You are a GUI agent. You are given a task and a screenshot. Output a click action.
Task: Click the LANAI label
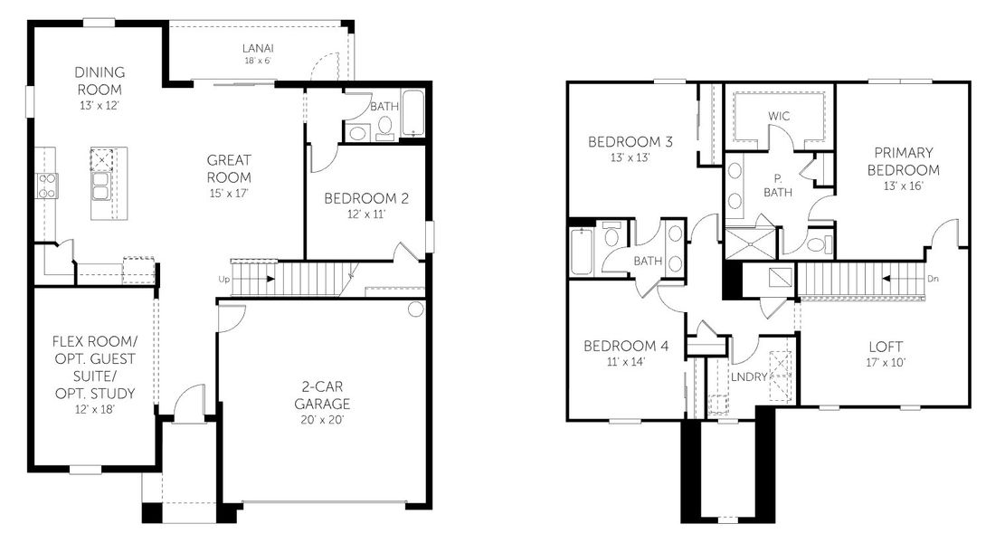[257, 48]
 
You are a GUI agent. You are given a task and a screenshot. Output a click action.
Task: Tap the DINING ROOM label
[100, 81]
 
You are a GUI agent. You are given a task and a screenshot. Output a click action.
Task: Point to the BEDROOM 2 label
[367, 198]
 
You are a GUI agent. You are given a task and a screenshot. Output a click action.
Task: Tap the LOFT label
[886, 347]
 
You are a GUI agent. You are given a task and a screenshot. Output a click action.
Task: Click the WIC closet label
[779, 117]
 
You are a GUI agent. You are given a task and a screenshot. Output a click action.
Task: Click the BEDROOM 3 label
[630, 142]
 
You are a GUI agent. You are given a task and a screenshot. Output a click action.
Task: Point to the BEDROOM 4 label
[626, 346]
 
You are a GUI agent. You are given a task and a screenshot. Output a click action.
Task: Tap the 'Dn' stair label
[933, 279]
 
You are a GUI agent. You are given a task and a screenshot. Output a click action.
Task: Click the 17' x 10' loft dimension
[886, 362]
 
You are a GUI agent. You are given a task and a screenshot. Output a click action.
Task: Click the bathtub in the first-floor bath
[412, 113]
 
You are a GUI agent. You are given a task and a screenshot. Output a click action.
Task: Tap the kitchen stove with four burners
[46, 186]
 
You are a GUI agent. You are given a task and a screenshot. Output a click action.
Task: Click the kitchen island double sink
[101, 185]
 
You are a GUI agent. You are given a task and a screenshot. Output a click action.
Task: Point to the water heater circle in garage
[415, 310]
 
